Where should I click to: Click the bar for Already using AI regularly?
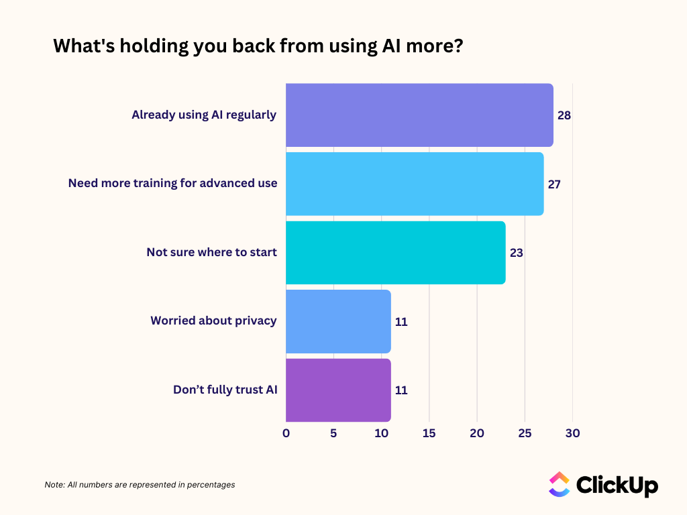[x=419, y=115]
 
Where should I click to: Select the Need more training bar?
[x=415, y=184]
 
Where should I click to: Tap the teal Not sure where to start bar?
[x=395, y=253]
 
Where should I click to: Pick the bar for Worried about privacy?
[x=338, y=321]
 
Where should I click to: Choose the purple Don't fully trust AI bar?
[x=338, y=390]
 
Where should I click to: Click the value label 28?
[x=564, y=115]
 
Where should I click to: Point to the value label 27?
[x=554, y=184]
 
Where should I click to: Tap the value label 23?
[x=516, y=253]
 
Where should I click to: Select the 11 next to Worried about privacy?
[x=401, y=322]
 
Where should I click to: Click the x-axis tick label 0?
[x=286, y=433]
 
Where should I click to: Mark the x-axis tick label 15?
[x=429, y=433]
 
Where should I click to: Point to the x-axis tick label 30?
[x=572, y=433]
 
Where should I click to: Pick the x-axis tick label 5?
[x=333, y=433]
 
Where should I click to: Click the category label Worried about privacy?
[x=213, y=321]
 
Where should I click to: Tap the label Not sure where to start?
[x=211, y=252]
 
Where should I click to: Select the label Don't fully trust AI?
[x=225, y=390]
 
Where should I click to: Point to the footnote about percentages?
[x=140, y=484]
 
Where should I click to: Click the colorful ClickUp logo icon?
[x=559, y=484]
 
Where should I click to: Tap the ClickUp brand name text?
[x=617, y=485]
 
